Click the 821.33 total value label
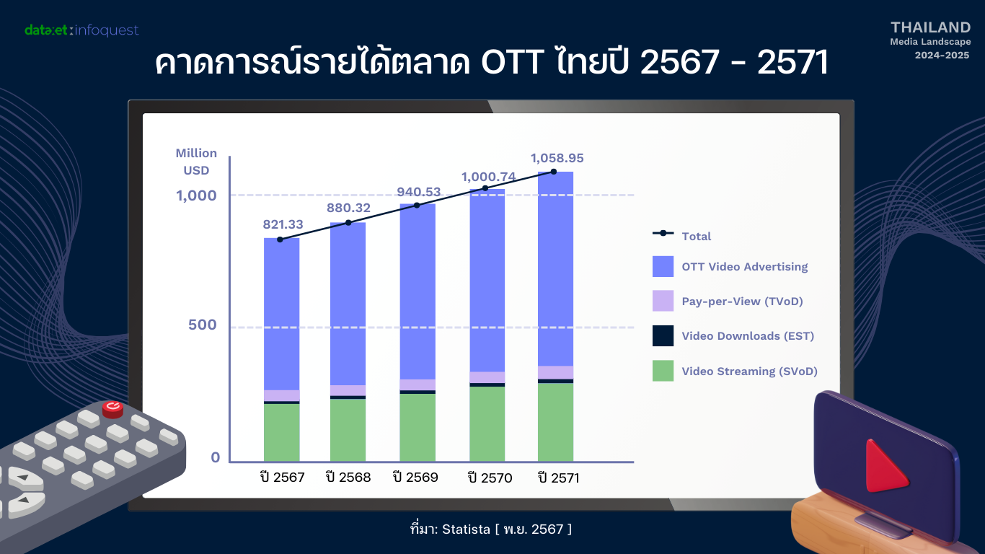tap(283, 224)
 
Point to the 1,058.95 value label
tap(557, 158)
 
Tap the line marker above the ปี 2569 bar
tap(417, 205)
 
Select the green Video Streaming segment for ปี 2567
tap(281, 433)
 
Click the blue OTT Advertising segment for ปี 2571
tap(555, 268)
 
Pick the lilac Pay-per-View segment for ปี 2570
tap(487, 377)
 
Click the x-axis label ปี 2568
tap(348, 478)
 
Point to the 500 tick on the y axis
tap(203, 325)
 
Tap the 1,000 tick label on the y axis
tap(196, 195)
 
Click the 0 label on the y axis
tap(215, 457)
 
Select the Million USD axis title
tap(196, 162)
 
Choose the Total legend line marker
tap(663, 233)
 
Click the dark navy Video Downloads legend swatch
tap(663, 335)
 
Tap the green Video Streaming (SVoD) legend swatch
tap(663, 371)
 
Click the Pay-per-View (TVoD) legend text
tap(742, 302)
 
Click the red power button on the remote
tap(112, 408)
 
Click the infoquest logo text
tap(107, 30)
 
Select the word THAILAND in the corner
tap(930, 27)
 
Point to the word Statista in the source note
tap(466, 529)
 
